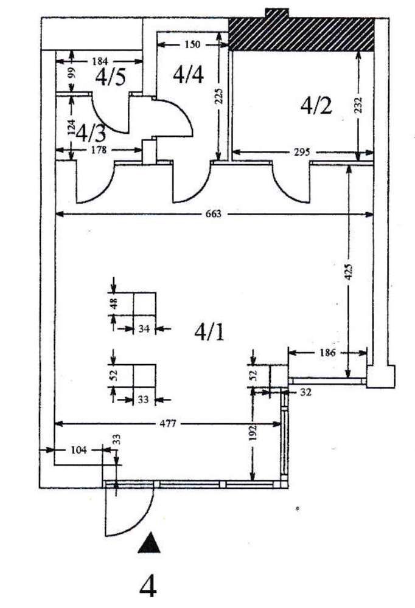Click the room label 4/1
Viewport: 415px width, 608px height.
[x=209, y=331]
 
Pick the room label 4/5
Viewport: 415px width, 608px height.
[x=110, y=77]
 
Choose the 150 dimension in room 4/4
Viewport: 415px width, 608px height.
[x=192, y=44]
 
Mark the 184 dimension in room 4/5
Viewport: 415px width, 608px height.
[x=100, y=61]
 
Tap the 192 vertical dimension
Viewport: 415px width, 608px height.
[x=253, y=432]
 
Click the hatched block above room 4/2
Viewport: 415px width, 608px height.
[x=301, y=34]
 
